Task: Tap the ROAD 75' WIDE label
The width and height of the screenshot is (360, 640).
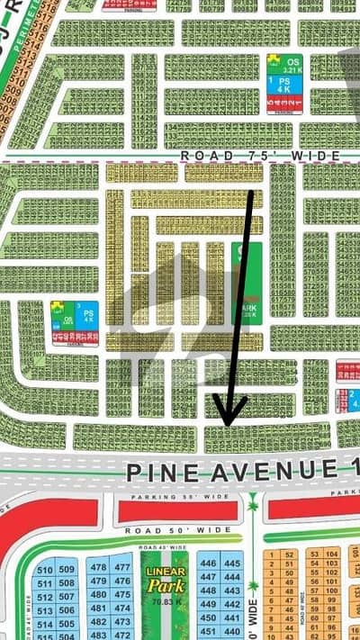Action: click(260, 157)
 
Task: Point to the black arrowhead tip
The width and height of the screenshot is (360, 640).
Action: click(226, 424)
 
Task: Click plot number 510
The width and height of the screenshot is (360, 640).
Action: click(42, 569)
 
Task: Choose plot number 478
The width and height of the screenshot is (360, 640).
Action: click(98, 567)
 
